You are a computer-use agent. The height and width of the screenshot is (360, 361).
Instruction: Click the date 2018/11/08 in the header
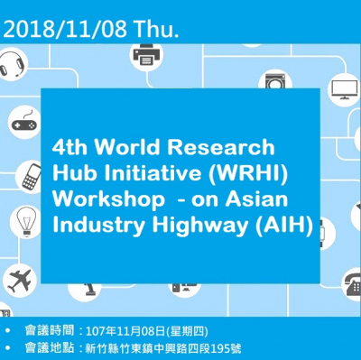pyautogui.click(x=65, y=30)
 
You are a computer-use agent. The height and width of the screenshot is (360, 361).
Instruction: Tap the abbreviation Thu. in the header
pyautogui.click(x=154, y=30)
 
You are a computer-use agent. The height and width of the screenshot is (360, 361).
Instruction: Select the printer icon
pyautogui.click(x=145, y=58)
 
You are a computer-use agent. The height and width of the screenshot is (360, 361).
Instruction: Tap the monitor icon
pyautogui.click(x=344, y=89)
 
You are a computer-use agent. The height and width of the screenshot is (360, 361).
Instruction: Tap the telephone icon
pyautogui.click(x=347, y=282)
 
